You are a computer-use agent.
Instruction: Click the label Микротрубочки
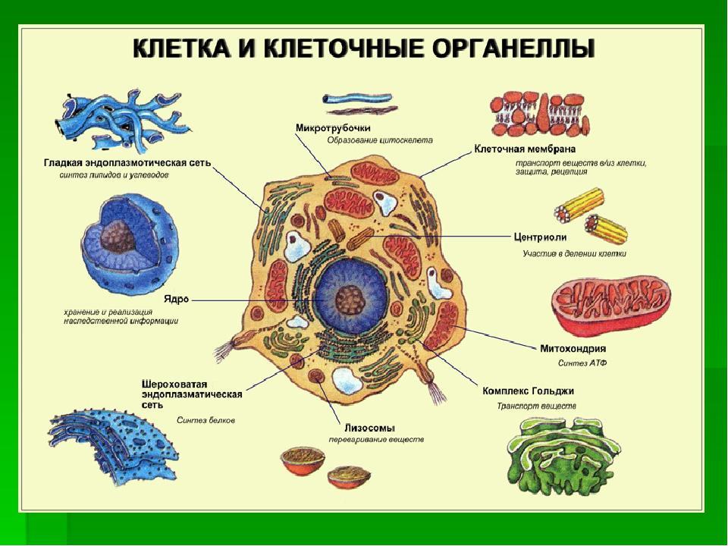[x=333, y=127]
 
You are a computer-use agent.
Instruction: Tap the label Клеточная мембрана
[x=525, y=149]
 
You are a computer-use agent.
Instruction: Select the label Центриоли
[x=540, y=237]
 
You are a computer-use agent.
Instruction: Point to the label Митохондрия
[x=573, y=348]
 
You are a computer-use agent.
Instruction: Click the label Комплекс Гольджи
[x=528, y=391]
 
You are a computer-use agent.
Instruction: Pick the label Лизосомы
[x=369, y=428]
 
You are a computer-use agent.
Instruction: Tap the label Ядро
[x=177, y=300]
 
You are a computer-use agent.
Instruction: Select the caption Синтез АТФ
[x=582, y=363]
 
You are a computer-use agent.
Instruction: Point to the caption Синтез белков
[x=206, y=420]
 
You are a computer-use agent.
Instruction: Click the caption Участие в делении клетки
[x=574, y=253]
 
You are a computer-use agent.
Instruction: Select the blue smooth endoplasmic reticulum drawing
[x=122, y=119]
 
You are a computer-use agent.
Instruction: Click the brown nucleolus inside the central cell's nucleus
[x=351, y=300]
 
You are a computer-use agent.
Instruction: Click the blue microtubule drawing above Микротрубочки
[x=357, y=99]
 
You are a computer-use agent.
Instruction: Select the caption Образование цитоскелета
[x=379, y=140]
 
